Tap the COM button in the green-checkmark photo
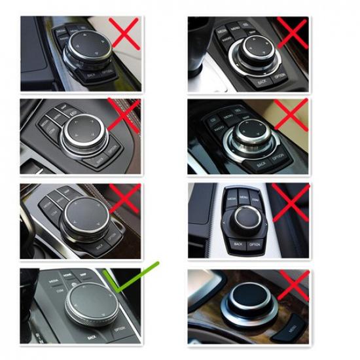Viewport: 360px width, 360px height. (x=60, y=289)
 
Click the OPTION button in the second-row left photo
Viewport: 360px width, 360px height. (x=113, y=149)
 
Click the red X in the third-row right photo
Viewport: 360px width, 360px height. (x=290, y=201)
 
